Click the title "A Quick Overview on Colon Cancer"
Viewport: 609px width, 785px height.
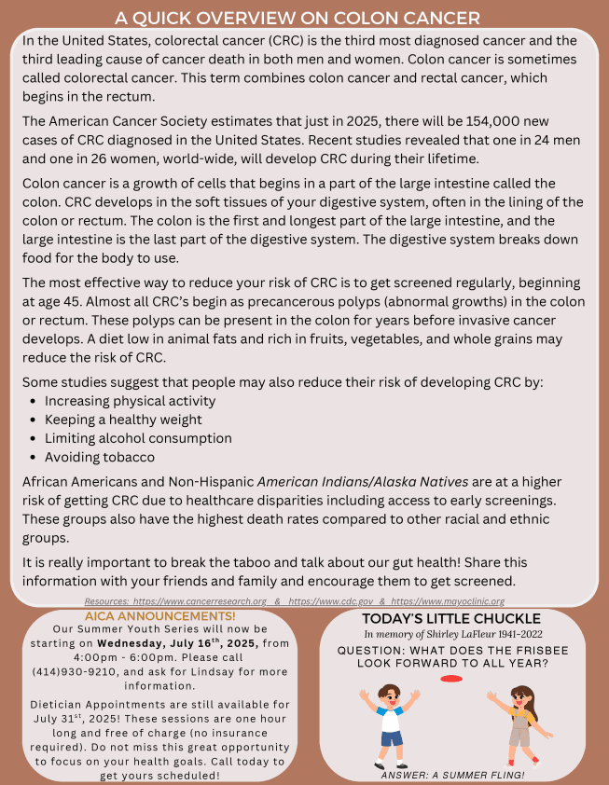coord(298,18)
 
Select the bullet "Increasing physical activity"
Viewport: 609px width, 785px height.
coord(130,401)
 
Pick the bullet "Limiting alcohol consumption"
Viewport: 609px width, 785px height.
coord(138,438)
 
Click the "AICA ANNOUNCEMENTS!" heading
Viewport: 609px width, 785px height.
coord(160,616)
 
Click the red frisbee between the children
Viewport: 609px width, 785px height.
coord(450,678)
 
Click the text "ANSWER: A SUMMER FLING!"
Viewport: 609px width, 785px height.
coord(452,775)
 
